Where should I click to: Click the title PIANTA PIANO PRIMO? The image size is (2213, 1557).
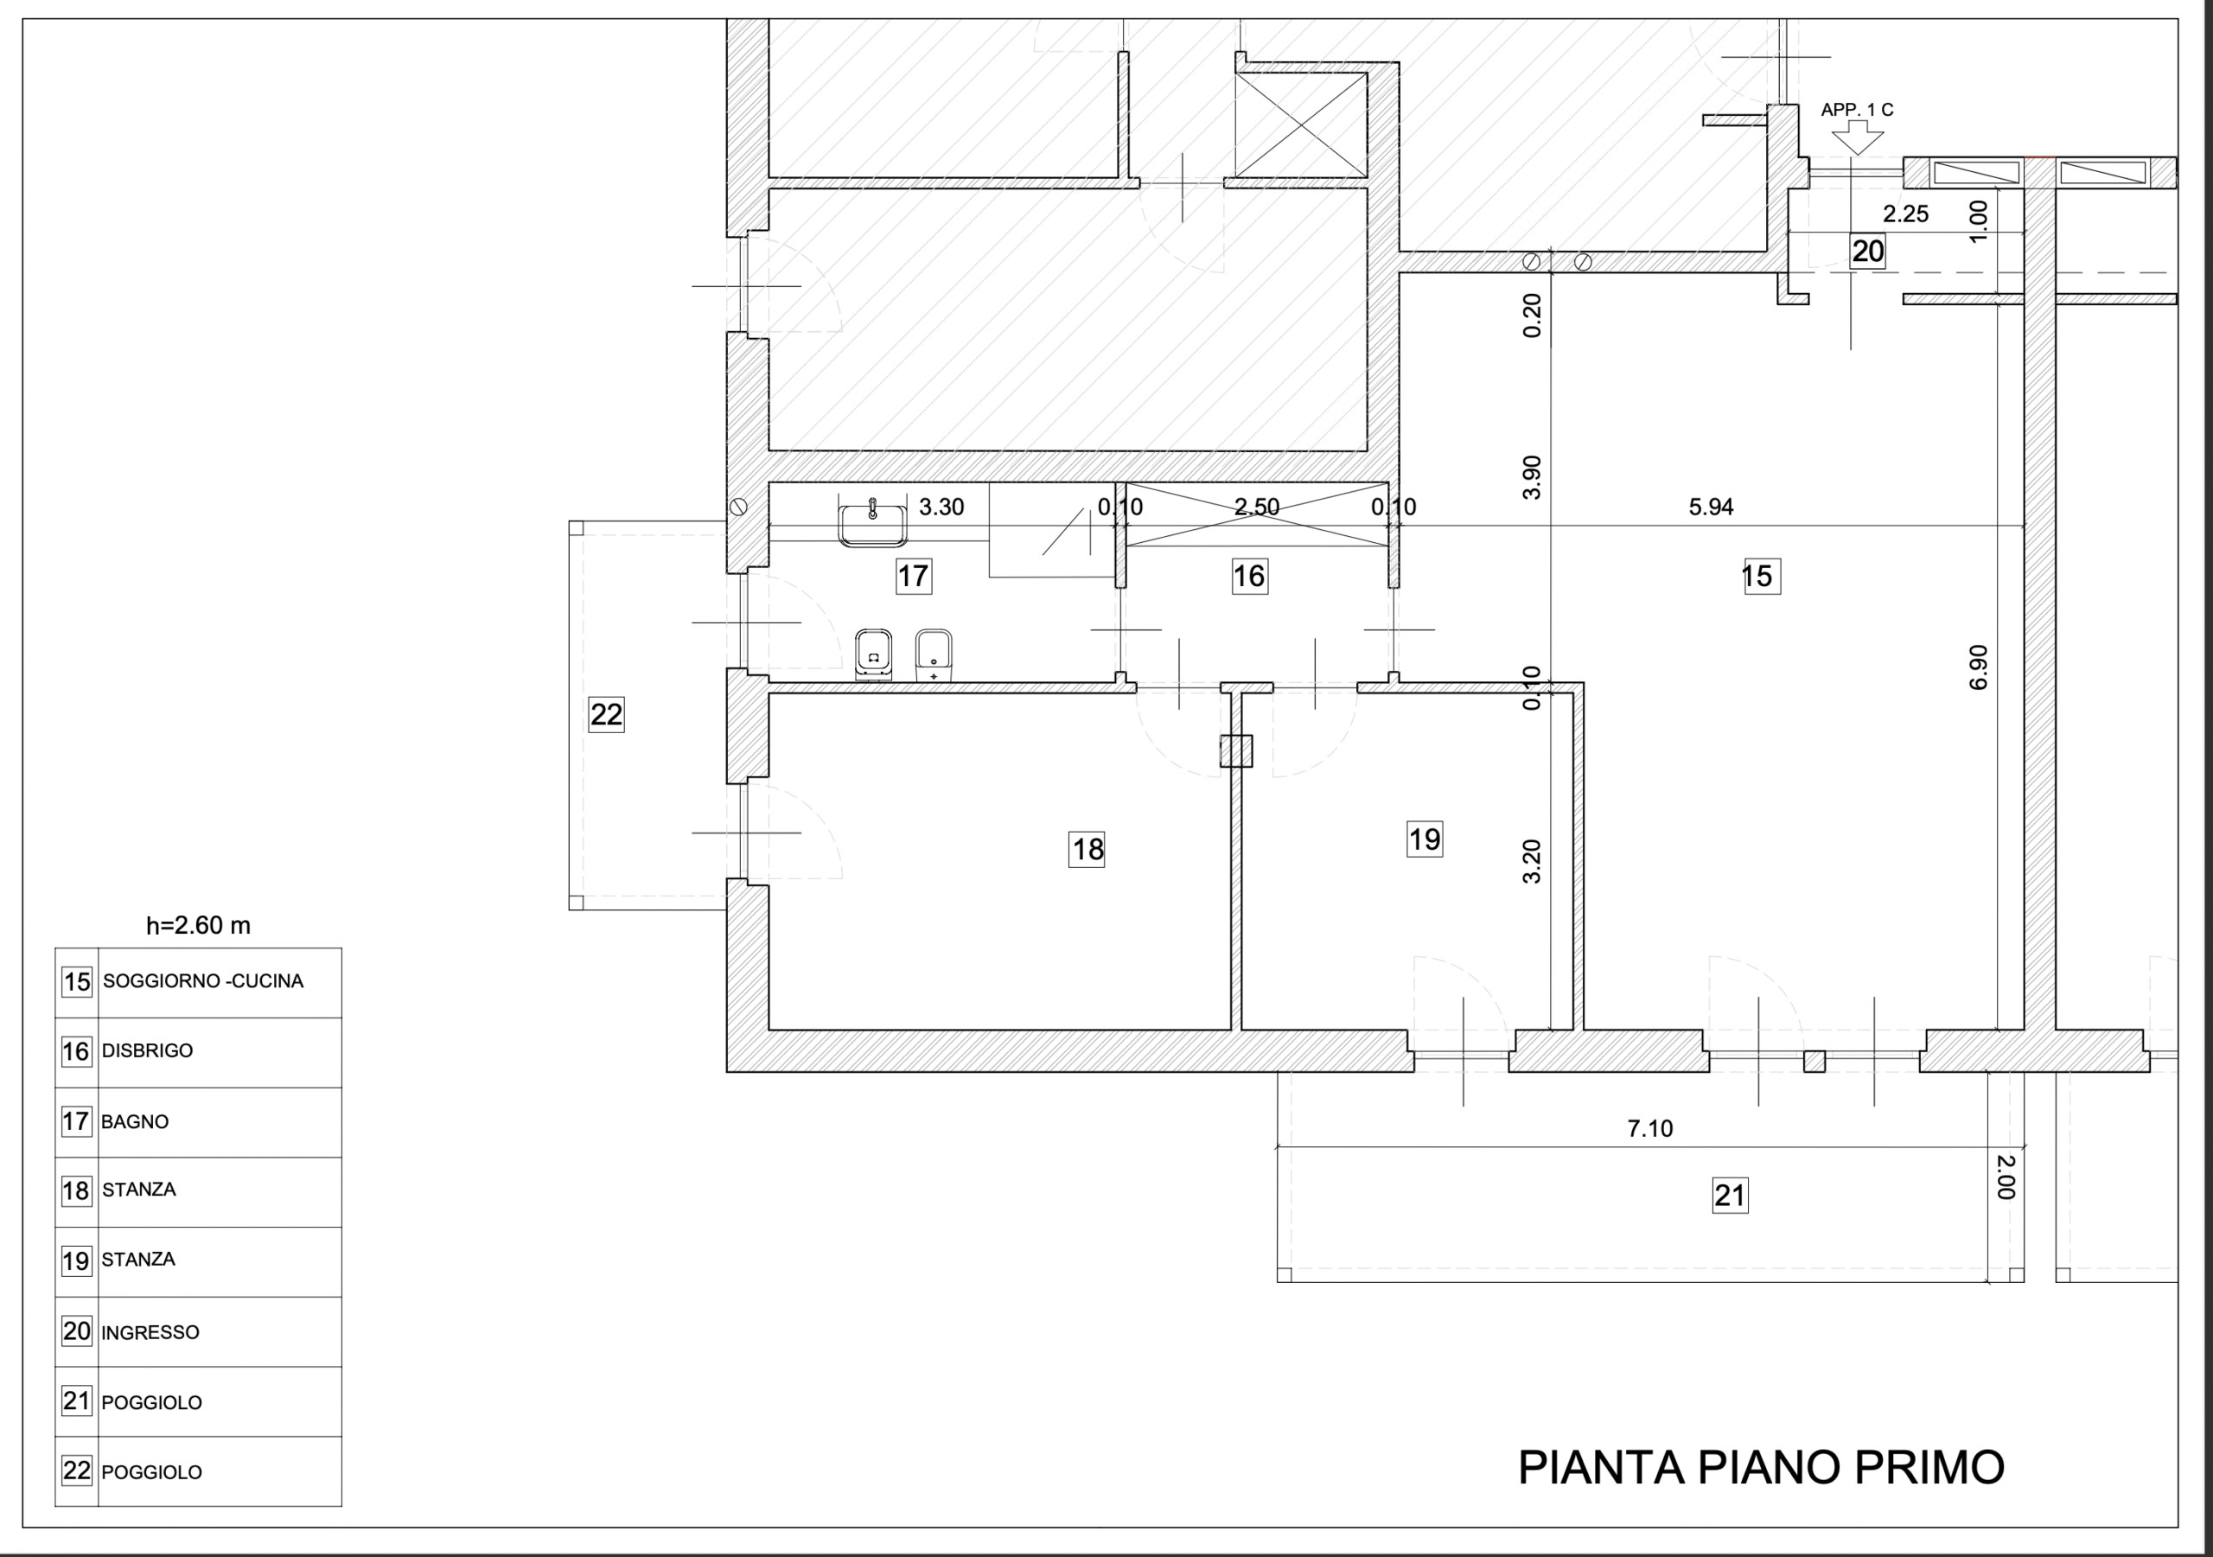[x=1761, y=1467]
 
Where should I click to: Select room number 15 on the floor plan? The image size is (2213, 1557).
[x=1762, y=577]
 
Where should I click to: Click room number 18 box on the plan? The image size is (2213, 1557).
[x=1087, y=849]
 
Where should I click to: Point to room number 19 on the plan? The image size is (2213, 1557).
[x=1425, y=839]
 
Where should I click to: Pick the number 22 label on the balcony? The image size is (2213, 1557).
[x=606, y=714]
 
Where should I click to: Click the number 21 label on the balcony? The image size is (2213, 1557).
[x=1730, y=1196]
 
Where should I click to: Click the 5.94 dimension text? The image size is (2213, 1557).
[x=1711, y=507]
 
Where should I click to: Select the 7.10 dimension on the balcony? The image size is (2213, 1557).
[x=1650, y=1128]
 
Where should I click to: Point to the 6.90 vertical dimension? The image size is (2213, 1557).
[x=1978, y=667]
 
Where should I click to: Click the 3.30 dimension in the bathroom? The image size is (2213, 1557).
[x=941, y=507]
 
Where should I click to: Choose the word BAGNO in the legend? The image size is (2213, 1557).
[x=135, y=1121]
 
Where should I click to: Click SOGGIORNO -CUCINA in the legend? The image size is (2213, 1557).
[x=203, y=981]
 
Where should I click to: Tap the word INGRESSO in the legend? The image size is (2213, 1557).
[x=150, y=1332]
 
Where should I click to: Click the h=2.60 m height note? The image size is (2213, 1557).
[x=199, y=926]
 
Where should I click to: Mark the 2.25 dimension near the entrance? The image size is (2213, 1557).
[x=1905, y=214]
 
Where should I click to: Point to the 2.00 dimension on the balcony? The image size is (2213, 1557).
[x=2005, y=1177]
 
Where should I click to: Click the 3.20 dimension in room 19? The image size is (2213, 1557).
[x=1532, y=862]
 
